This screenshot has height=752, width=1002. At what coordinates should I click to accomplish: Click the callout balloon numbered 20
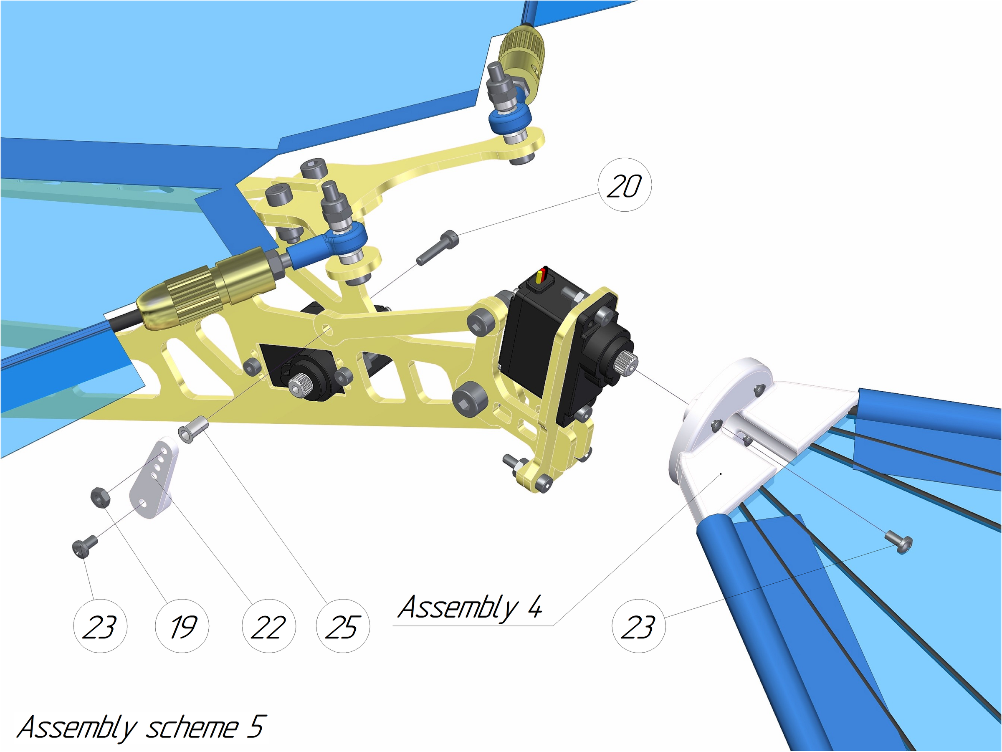point(625,185)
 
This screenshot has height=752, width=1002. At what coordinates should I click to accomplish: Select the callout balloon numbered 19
point(182,626)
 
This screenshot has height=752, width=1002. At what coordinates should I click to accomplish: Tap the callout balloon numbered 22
point(269,626)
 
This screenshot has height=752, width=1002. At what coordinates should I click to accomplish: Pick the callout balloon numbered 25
point(343,626)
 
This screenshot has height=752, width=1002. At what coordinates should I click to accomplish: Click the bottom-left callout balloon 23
point(100,626)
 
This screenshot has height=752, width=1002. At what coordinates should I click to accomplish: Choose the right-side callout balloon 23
point(639,626)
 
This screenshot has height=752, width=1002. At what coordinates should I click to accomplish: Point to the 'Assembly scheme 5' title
point(140,727)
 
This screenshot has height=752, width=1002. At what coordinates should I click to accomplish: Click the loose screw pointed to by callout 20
point(438,247)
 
